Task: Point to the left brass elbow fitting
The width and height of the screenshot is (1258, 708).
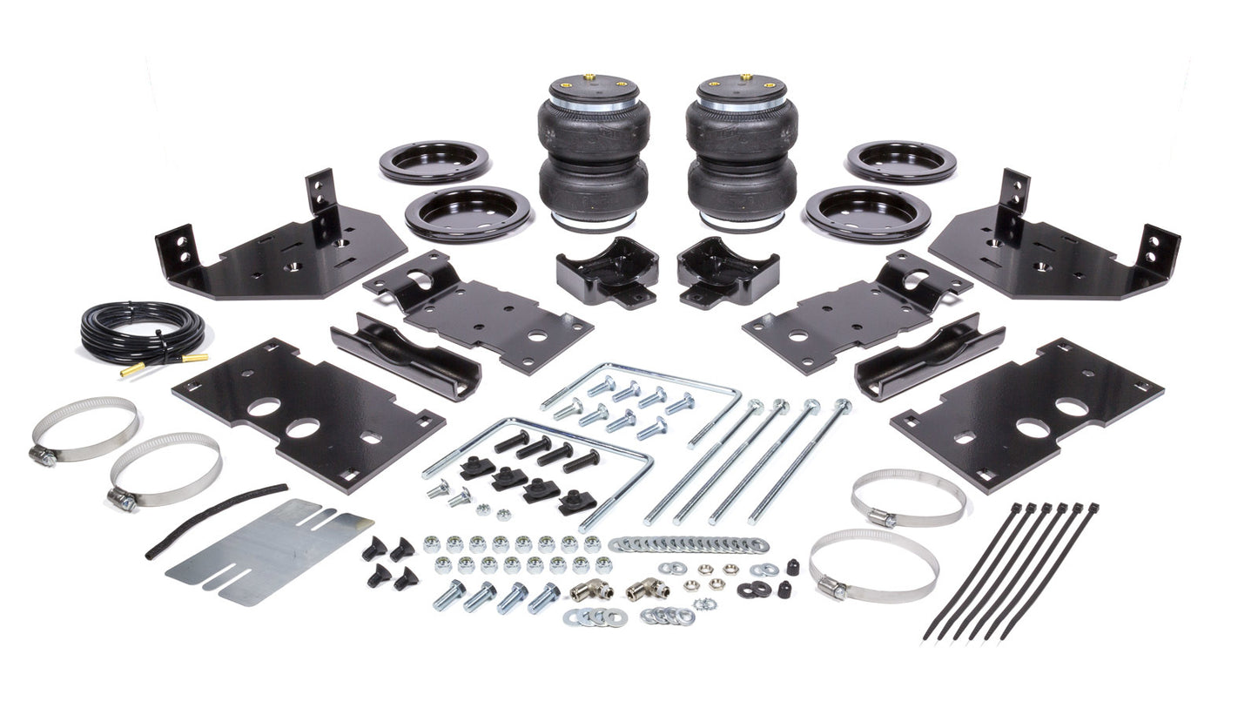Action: (x=591, y=591)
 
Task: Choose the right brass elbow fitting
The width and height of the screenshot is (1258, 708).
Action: (x=649, y=589)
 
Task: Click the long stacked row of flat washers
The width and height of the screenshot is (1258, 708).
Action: (x=688, y=544)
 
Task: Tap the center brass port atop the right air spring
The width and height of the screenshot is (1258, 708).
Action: (x=745, y=78)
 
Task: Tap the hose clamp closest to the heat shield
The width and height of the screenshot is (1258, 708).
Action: (x=165, y=470)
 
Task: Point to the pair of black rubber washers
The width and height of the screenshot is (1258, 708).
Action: (x=752, y=590)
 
